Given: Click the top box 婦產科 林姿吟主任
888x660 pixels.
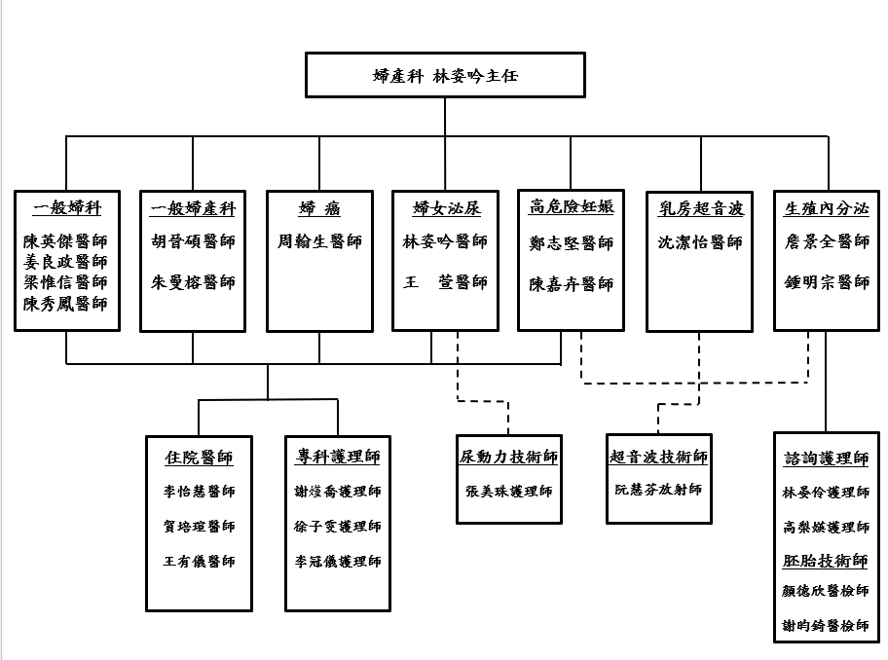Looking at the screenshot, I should [445, 76].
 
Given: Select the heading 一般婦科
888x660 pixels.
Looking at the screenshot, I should [67, 208].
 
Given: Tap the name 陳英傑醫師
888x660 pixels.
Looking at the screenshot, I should [67, 241].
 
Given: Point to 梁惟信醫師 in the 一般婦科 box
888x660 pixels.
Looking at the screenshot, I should [67, 282].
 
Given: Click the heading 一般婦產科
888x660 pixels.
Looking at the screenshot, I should [193, 208].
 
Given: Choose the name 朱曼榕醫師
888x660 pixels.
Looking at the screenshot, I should [193, 282].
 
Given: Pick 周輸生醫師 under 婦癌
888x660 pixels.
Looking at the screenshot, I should [319, 241].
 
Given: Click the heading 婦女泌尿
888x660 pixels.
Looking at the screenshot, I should [446, 208].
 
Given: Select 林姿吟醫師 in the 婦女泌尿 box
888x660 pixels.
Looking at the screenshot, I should [446, 241].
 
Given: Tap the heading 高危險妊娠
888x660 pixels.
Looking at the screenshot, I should [572, 207].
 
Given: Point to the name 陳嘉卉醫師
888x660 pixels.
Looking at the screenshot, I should [572, 283].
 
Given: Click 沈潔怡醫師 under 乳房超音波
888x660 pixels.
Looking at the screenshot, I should [700, 241].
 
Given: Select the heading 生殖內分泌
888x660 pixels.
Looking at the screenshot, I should [827, 208].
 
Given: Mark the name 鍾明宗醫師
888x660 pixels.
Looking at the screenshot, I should [827, 282].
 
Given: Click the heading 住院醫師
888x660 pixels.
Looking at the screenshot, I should [199, 458].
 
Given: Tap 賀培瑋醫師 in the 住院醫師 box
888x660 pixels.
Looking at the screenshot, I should [199, 527].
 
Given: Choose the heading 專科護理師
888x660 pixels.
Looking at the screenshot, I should [338, 458].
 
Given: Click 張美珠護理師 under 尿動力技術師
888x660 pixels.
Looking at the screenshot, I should [509, 492].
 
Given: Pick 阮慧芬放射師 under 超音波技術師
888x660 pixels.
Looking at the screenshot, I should [658, 490].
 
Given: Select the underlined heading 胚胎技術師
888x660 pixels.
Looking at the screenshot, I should [826, 561].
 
